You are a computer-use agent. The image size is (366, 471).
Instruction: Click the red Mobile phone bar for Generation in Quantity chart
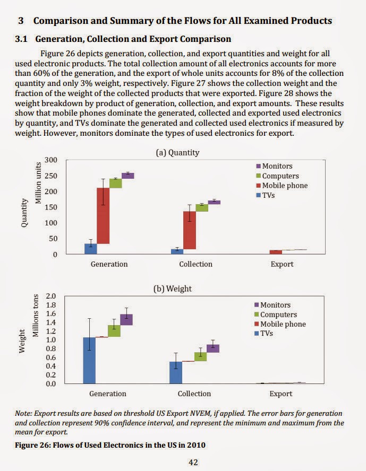coord(103,216)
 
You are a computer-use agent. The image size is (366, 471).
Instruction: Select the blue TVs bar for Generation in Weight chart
coord(89,361)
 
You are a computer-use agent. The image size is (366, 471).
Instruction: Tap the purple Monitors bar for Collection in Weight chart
coord(213,348)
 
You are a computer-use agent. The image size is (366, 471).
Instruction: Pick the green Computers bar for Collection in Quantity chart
coord(202,208)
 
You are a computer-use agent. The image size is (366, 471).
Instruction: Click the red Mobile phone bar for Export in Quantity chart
coord(276,252)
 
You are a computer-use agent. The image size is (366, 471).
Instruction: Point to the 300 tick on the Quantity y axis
coord(51,160)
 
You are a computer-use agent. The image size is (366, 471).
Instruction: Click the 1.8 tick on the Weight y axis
coord(51,305)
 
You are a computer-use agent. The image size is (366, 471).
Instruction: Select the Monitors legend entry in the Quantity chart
coord(274,166)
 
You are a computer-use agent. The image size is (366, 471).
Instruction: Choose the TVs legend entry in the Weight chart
coord(264,334)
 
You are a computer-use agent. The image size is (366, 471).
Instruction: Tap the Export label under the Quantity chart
coord(282,264)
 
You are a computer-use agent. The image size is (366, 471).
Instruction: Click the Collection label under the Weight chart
coord(194,394)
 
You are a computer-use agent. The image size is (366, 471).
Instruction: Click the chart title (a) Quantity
coord(177,153)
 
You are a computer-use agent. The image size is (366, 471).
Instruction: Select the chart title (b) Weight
coord(172,289)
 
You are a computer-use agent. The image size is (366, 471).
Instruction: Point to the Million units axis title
coord(38,182)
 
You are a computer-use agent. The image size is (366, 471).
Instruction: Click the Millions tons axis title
coord(36,316)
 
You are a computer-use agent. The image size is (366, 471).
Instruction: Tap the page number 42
coord(193,463)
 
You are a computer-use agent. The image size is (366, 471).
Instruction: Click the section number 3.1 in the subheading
coord(21,39)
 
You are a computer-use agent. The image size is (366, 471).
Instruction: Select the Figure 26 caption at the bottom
coord(110,445)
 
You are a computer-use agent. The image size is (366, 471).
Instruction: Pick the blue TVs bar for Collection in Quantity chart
coord(177,251)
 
